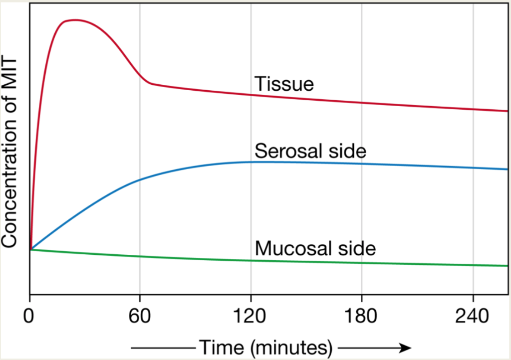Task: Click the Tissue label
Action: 284,84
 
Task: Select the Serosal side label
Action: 310,151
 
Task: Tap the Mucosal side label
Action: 315,248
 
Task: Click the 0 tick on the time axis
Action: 30,316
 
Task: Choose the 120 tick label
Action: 251,316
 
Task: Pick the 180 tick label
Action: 361,316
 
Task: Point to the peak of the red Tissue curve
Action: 74,20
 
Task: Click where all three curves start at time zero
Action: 31,249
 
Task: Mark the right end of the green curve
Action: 507,266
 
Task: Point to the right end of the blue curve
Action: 507,170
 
